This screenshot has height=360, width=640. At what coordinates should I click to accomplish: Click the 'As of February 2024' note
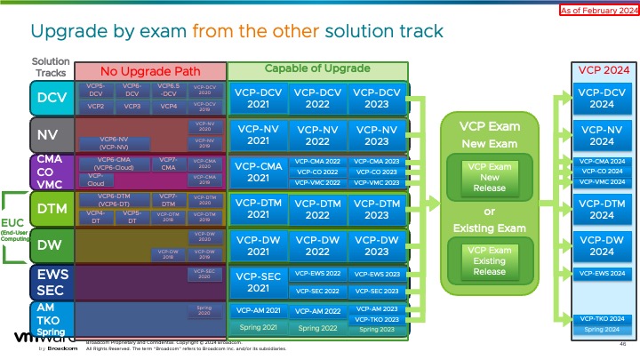pyautogui.click(x=598, y=11)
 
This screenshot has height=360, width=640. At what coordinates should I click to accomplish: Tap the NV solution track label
pyautogui.click(x=51, y=135)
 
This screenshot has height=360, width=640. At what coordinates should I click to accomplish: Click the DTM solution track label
pyautogui.click(x=51, y=209)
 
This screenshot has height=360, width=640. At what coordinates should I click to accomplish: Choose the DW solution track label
pyautogui.click(x=51, y=245)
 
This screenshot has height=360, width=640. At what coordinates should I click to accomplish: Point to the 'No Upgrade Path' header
pyautogui.click(x=150, y=71)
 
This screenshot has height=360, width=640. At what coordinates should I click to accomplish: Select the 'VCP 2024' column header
pyautogui.click(x=602, y=70)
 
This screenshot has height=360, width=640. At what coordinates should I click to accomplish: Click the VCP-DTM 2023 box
pyautogui.click(x=377, y=209)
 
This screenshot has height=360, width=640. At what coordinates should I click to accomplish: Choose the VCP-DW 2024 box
pyautogui.click(x=602, y=245)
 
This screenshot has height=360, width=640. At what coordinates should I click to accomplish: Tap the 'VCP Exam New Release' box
pyautogui.click(x=489, y=176)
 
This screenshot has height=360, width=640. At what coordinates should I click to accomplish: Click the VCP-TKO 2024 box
pyautogui.click(x=602, y=318)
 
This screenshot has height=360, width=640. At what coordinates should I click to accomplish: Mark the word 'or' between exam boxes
pyautogui.click(x=489, y=212)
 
